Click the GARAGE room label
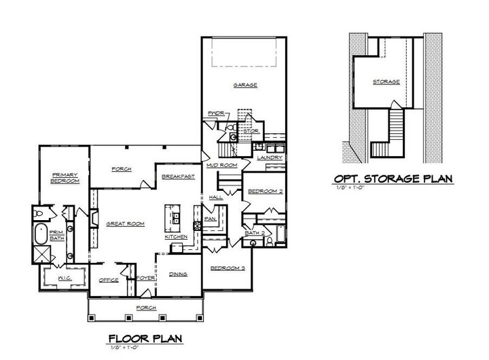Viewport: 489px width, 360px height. click(244, 86)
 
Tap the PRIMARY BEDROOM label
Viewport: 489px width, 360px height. click(66, 179)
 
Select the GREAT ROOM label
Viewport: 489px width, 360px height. click(124, 223)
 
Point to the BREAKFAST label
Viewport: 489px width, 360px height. click(179, 177)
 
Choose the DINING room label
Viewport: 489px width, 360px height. click(178, 274)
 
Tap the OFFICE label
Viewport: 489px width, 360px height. click(109, 280)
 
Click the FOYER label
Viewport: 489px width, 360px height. click(146, 278)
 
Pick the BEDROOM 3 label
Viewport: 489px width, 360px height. click(228, 269)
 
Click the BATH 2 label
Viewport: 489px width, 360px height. click(254, 234)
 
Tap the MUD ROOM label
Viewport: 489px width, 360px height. click(221, 165)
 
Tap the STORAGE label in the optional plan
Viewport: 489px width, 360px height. click(386, 82)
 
